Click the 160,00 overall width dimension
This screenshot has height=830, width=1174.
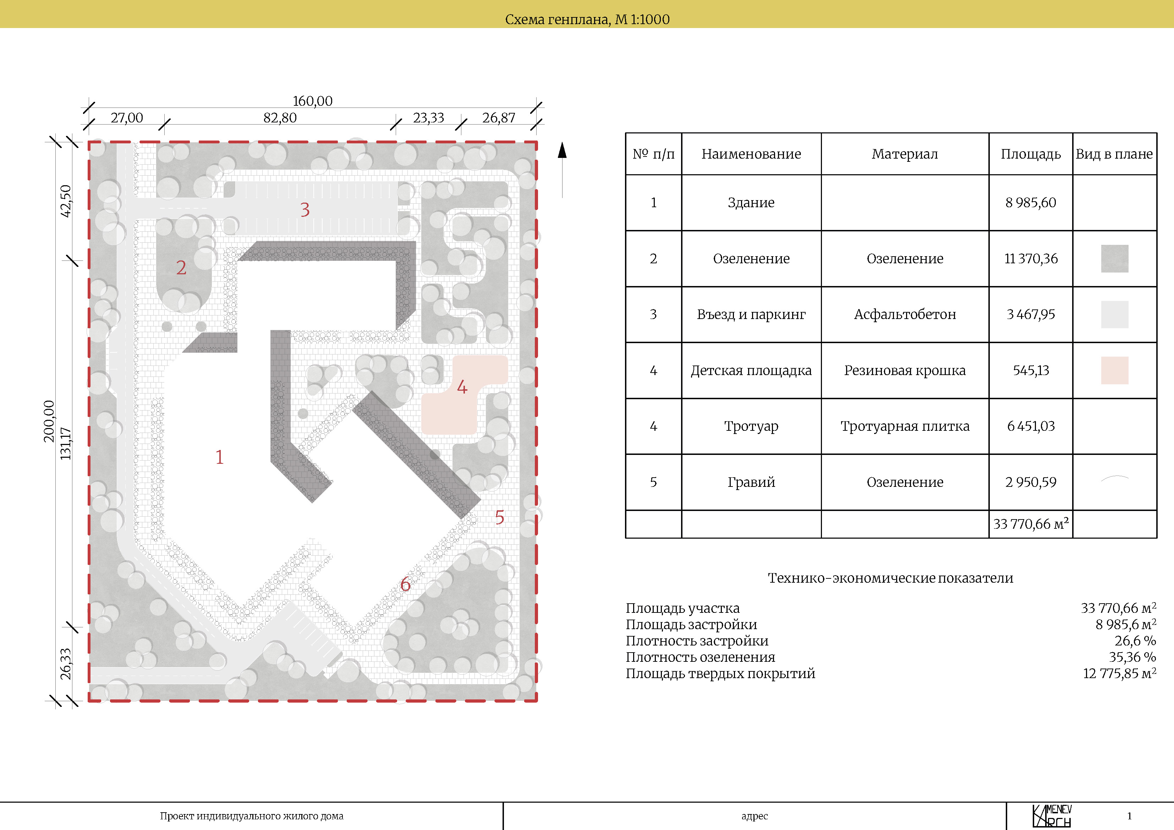[x=312, y=101]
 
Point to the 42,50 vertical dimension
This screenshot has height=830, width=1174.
[x=65, y=201]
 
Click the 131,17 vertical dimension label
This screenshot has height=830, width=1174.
[x=65, y=443]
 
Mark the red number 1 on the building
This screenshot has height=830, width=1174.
[x=219, y=457]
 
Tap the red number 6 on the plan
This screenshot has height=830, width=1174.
[x=405, y=584]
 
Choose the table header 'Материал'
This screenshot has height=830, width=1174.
[x=905, y=154]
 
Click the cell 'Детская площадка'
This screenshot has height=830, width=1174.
[x=751, y=370]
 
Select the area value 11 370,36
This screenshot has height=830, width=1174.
[x=1031, y=259]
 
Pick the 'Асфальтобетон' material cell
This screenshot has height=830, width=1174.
[x=905, y=314]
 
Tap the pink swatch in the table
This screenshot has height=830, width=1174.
[x=1115, y=370]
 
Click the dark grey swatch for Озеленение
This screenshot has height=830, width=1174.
[x=1115, y=258]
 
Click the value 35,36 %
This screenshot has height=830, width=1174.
[x=1132, y=657]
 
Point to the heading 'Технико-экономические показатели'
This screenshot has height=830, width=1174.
[x=890, y=578]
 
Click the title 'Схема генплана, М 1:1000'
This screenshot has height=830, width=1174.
[x=587, y=20]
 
